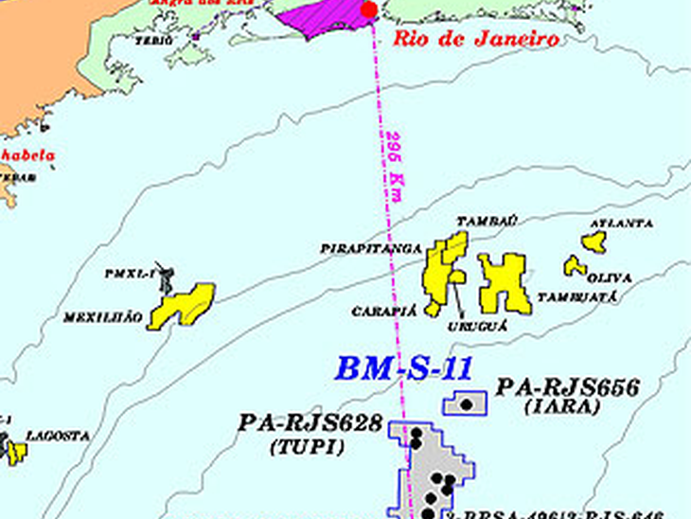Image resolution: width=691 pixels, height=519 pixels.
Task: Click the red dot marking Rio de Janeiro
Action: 369,9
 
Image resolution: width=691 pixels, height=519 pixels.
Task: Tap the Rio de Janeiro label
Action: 475,40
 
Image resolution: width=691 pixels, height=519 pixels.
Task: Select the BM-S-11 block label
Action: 404,368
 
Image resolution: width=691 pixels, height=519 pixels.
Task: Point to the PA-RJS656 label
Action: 567,387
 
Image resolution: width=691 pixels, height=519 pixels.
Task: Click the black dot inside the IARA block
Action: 466,404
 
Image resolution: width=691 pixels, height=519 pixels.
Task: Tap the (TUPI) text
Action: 307,446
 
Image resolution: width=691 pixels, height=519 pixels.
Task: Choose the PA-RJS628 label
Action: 310,423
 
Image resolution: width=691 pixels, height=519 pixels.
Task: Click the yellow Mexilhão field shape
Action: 182,305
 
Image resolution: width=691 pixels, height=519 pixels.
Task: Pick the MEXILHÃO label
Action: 103,318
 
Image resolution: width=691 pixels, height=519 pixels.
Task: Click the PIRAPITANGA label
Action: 370,248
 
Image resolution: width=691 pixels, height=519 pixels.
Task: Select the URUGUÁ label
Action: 478,325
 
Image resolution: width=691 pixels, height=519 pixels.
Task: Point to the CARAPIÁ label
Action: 385,311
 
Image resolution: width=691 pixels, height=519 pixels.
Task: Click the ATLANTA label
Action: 621,224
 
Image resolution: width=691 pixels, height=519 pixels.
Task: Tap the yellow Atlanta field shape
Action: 594,242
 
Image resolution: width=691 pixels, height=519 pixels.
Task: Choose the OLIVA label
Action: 610,277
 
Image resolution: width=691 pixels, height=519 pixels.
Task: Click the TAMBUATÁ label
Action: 577,296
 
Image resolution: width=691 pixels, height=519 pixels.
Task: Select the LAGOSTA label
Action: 58,437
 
